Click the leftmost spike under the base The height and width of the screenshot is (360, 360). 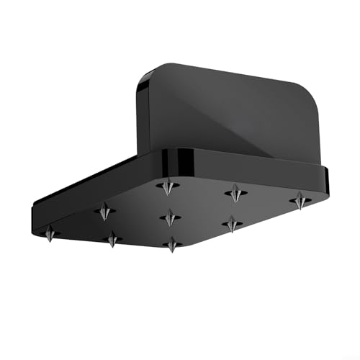(50, 233)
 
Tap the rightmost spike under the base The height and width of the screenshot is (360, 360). (300, 201)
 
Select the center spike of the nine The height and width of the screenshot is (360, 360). (170, 217)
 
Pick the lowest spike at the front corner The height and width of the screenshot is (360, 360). (171, 245)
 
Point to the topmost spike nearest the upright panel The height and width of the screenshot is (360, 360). (168, 186)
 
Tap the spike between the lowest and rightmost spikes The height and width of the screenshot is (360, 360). (232, 224)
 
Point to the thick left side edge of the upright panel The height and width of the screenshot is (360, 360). (142, 115)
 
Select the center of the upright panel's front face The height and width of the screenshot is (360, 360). (223, 115)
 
